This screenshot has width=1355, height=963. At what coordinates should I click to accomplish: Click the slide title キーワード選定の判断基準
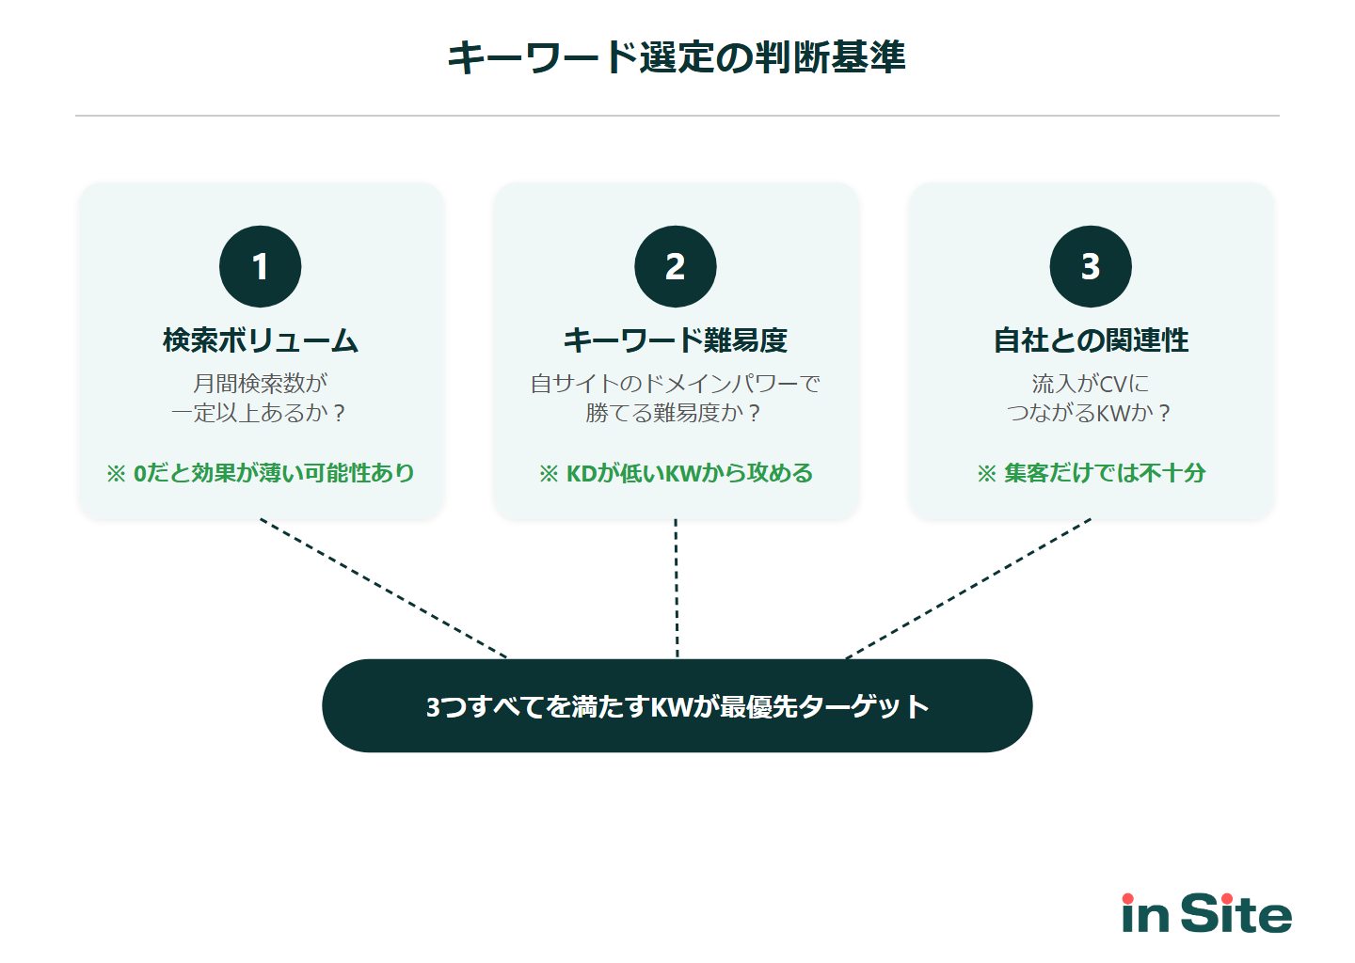click(x=676, y=57)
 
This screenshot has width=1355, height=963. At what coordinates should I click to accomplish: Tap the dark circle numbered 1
click(x=261, y=266)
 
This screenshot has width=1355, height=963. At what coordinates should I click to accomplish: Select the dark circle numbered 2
click(x=676, y=266)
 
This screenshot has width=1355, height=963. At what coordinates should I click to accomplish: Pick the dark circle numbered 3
click(x=1091, y=266)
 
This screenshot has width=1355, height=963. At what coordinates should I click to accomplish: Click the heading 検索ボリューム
click(x=261, y=340)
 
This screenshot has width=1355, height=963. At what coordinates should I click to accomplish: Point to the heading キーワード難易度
click(x=676, y=340)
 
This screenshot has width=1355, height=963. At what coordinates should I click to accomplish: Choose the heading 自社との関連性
click(x=1091, y=340)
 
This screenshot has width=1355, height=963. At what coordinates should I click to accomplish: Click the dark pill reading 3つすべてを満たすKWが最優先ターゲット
click(x=677, y=705)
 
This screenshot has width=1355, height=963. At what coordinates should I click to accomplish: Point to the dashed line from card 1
click(x=384, y=589)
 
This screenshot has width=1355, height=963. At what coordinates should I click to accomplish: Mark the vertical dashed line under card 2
click(x=677, y=589)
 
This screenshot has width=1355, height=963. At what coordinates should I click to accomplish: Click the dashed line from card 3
click(x=969, y=589)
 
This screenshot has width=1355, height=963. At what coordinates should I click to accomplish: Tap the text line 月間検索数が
click(x=261, y=384)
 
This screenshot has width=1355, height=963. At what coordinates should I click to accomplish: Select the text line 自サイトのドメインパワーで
click(x=676, y=384)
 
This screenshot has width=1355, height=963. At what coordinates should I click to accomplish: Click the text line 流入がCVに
click(x=1091, y=384)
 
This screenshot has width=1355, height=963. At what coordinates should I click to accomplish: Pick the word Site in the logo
click(x=1235, y=913)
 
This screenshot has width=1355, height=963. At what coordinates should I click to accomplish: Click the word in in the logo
click(x=1145, y=913)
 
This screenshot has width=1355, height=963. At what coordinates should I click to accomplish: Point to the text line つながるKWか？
click(x=1091, y=413)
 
